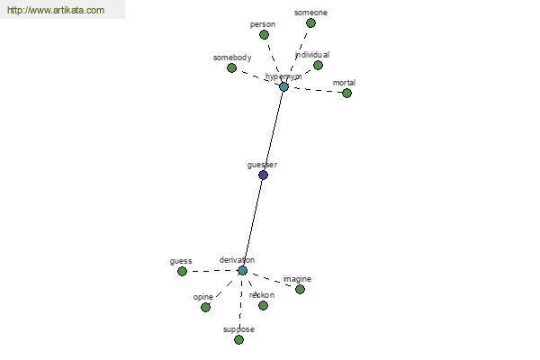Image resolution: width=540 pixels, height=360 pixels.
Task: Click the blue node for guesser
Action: (263, 175)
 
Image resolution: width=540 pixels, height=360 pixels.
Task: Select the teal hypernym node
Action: (283, 86)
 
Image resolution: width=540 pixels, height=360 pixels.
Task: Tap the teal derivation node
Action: (242, 270)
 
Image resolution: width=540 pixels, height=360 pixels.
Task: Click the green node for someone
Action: (310, 23)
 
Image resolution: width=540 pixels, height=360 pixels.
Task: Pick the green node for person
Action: (264, 35)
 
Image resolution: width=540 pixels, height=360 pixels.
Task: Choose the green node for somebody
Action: (232, 67)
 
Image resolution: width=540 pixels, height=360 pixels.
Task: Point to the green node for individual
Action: (318, 65)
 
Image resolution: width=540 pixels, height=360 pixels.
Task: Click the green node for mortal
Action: (346, 93)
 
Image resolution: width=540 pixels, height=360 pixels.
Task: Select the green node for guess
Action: (182, 272)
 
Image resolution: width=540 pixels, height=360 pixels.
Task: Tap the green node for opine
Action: (205, 307)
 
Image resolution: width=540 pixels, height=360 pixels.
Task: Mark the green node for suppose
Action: (239, 340)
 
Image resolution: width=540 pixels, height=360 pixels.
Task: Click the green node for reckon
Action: (263, 306)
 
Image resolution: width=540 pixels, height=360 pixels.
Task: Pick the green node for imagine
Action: (300, 290)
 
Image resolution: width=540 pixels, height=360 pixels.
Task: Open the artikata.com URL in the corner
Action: (56, 10)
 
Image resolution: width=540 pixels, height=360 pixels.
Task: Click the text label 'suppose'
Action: (239, 329)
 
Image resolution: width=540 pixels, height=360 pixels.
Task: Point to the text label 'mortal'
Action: (344, 83)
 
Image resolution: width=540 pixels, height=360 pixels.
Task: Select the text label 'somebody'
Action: (232, 58)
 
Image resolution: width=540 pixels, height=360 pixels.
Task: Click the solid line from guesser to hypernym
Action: (274, 130)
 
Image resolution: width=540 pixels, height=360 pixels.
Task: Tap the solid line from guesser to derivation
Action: (253, 222)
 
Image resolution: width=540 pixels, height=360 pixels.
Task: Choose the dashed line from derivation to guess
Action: (212, 271)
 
